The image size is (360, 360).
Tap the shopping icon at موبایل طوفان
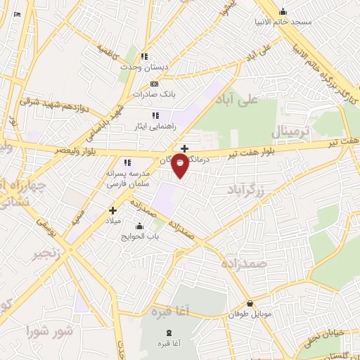[250, 304]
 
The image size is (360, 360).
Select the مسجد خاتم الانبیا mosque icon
[283, 11]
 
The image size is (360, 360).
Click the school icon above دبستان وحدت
[144, 56]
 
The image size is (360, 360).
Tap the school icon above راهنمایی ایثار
[155, 115]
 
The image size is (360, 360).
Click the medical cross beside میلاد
[112, 210]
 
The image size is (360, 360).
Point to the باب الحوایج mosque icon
[139, 226]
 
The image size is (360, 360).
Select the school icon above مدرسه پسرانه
[127, 162]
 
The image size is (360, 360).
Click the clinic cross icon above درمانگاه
[184, 148]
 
